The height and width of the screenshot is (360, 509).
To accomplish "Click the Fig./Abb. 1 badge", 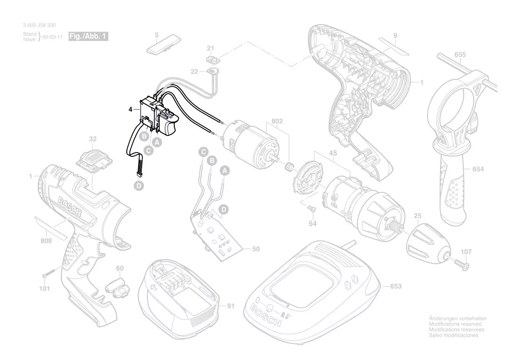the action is (88, 36).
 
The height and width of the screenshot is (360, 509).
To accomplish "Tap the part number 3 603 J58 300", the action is (39, 25).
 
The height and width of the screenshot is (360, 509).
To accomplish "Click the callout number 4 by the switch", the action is (130, 109).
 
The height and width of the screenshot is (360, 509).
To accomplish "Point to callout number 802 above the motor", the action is (277, 121).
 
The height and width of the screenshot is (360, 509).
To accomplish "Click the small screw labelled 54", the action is (312, 208).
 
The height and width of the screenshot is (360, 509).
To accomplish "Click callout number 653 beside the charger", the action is (396, 286).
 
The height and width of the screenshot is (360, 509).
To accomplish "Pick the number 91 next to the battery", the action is (231, 306).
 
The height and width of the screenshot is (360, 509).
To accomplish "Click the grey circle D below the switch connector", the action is (139, 186).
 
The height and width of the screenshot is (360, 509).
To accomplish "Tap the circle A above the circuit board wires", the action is (224, 170).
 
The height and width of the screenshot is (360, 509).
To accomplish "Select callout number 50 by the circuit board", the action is (256, 249).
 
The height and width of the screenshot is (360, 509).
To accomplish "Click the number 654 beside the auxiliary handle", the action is (478, 169).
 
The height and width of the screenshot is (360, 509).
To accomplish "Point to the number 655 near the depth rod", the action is (460, 54).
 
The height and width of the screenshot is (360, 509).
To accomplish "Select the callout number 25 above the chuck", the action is (417, 216).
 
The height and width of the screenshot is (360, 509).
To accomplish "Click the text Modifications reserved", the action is (455, 324).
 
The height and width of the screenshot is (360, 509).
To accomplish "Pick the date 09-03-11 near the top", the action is (53, 37).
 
